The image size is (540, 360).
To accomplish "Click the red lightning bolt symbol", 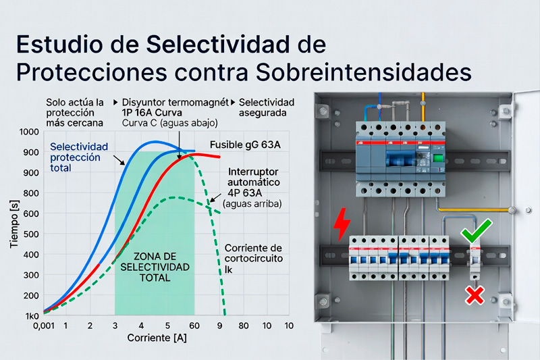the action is (x=342, y=224).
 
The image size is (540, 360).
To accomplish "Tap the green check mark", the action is (x=477, y=231).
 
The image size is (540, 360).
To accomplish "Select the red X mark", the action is (x=475, y=295).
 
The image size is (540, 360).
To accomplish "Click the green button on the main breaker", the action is (x=438, y=158).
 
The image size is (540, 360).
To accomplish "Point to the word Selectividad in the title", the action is (x=218, y=44).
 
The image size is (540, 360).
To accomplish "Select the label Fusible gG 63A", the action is (x=245, y=145).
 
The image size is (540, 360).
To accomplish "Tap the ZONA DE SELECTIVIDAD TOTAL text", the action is (x=155, y=267).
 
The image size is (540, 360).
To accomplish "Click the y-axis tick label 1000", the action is (x=29, y=132).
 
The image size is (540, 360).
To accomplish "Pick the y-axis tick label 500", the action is (x=31, y=234).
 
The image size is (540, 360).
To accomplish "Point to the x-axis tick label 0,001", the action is (x=44, y=326).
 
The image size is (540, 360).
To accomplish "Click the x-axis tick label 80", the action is (x=244, y=326).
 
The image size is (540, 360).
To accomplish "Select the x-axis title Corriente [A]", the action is (x=157, y=338).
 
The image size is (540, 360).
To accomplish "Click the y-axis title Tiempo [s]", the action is (x=14, y=224).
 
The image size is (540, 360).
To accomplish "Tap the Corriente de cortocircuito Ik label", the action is (x=254, y=259).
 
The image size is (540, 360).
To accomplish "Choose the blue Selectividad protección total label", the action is (x=79, y=157).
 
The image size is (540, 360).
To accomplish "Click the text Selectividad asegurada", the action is (x=267, y=107).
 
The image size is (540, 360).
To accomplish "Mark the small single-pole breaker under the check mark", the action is (x=475, y=262).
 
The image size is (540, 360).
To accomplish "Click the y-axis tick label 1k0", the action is (x=32, y=316).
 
